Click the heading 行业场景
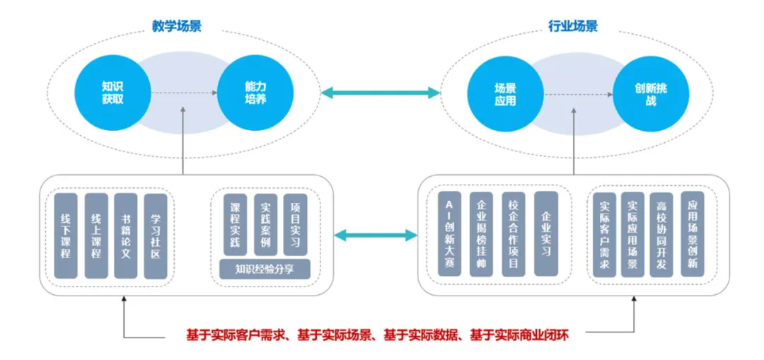pos(573,27)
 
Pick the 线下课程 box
pos(66,236)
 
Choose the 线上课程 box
pos(95,236)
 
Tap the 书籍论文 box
pos(125,236)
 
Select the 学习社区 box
pos(156,236)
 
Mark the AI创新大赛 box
pos(449,233)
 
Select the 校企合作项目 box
pos(514,233)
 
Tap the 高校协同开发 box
pos(661,233)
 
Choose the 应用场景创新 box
pos(692,233)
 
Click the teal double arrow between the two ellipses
pos(380,93)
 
